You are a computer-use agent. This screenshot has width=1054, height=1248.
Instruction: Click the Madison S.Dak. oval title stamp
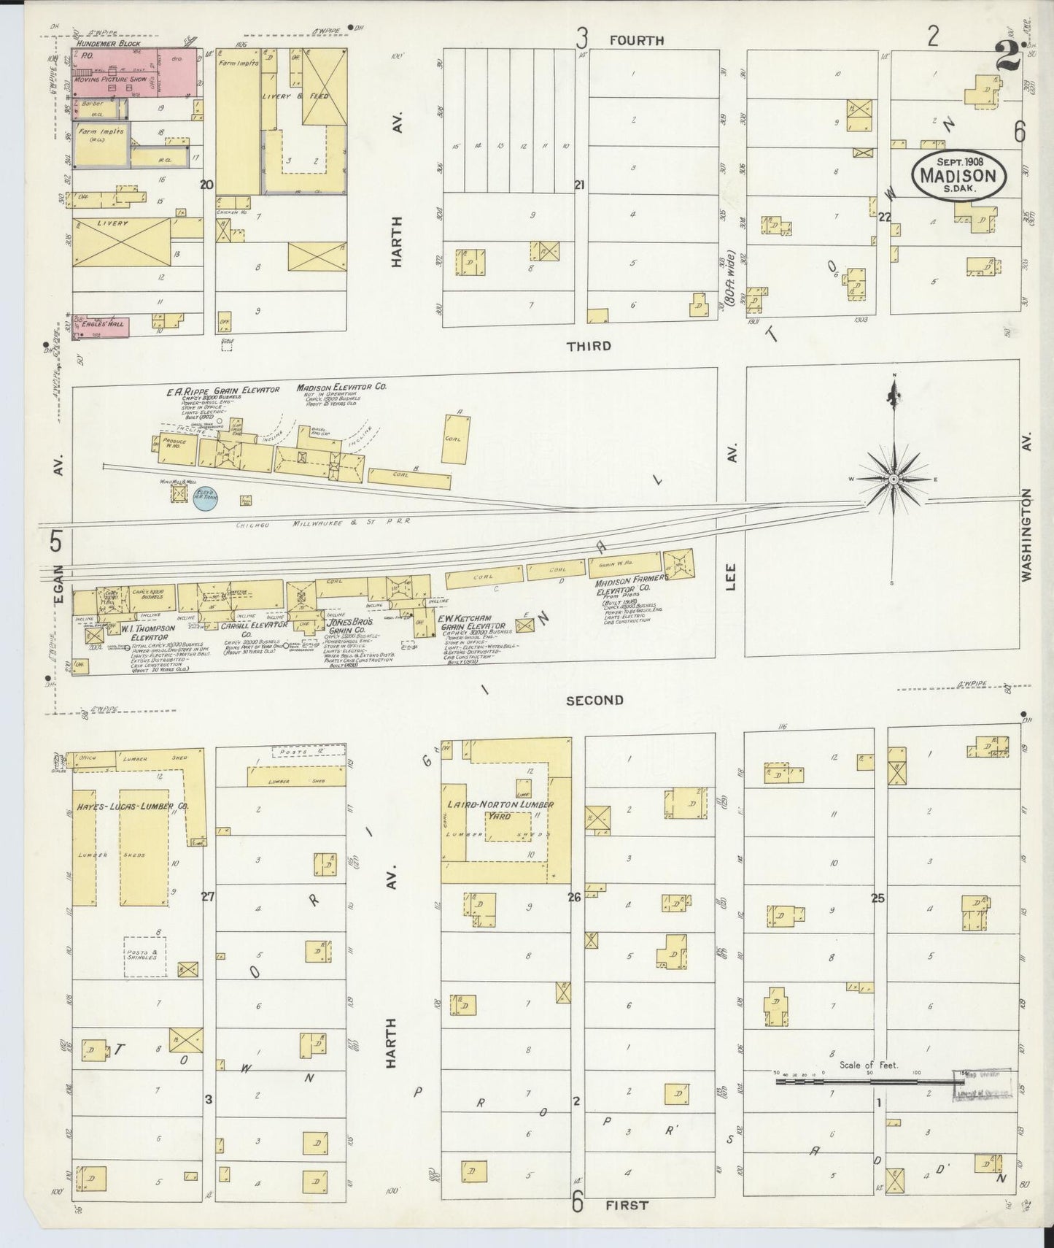coord(958,174)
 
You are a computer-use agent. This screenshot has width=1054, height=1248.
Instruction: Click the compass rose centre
coord(893,479)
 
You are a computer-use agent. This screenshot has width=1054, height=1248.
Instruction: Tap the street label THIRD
coord(589,346)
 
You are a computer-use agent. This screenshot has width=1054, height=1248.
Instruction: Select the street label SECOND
coord(594,701)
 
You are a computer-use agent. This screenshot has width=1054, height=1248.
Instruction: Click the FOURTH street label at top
coord(637,41)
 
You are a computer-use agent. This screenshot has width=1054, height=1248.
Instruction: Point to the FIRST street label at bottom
coord(627,1205)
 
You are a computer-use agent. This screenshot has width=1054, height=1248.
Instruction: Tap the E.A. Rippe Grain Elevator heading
coord(222,390)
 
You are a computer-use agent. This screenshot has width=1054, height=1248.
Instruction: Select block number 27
coord(208,897)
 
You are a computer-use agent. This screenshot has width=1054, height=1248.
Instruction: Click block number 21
coord(580,185)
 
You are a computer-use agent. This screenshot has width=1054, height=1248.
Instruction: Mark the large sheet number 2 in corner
coord(1008,55)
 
